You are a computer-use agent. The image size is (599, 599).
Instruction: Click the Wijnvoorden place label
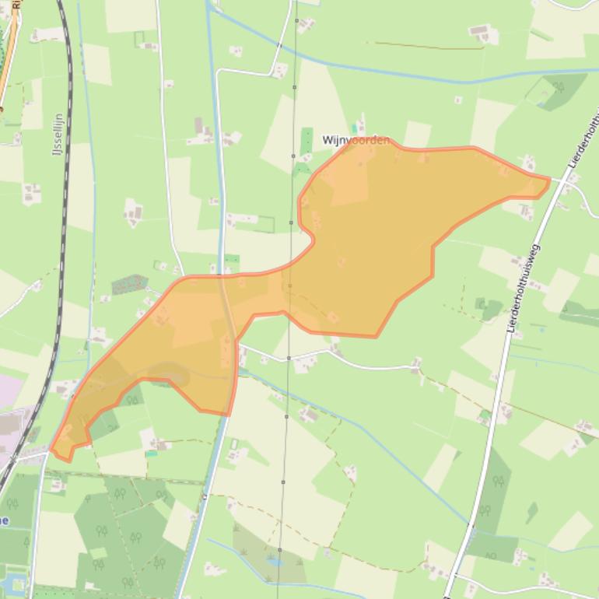tap(356, 140)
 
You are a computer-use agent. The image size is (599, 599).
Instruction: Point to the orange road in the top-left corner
tap(8, 62)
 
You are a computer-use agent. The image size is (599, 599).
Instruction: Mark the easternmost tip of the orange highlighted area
tap(549, 180)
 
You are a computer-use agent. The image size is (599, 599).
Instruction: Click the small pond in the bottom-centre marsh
tap(273, 559)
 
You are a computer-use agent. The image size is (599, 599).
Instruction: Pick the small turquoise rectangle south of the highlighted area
tap(151, 454)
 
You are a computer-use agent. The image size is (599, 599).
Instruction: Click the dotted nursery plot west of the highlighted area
tap(128, 284)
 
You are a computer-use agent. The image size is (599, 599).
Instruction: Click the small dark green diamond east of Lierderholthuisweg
tap(532, 512)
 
